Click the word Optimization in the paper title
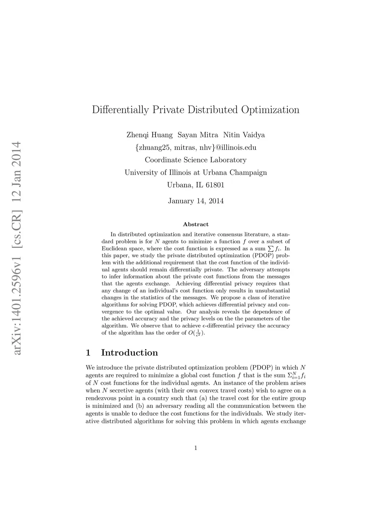tap(270, 110)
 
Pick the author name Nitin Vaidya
tap(244, 135)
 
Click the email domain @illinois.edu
tap(236, 148)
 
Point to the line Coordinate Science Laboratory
tap(196, 160)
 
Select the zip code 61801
tap(215, 185)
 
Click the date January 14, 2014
tap(196, 201)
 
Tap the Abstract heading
tap(196, 225)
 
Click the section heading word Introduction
tap(129, 353)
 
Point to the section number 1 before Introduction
tap(88, 353)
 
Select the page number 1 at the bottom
tap(196, 448)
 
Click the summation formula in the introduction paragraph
tap(296, 376)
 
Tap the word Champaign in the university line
tap(248, 173)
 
